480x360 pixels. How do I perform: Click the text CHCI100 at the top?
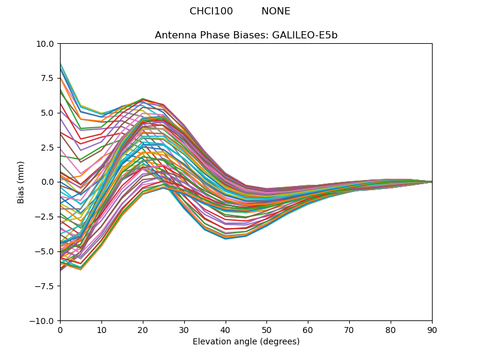pyautogui.click(x=211, y=11)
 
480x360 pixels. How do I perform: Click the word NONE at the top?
pyautogui.click(x=276, y=11)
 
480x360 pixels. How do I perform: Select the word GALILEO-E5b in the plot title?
pyautogui.click(x=305, y=35)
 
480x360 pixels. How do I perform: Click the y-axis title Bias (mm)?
pyautogui.click(x=20, y=182)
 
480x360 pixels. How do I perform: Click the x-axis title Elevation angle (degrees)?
pyautogui.click(x=246, y=341)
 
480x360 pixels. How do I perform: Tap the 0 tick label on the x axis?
pyautogui.click(x=61, y=331)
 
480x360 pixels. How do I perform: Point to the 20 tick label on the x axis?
pyautogui.click(x=143, y=331)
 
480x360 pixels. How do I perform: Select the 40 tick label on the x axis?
pyautogui.click(x=226, y=331)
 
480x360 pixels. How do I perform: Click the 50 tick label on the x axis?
pyautogui.click(x=267, y=331)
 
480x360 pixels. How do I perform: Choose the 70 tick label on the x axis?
pyautogui.click(x=350, y=331)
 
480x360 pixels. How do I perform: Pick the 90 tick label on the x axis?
pyautogui.click(x=432, y=331)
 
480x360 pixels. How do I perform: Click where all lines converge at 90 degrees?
pyautogui.click(x=432, y=182)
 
